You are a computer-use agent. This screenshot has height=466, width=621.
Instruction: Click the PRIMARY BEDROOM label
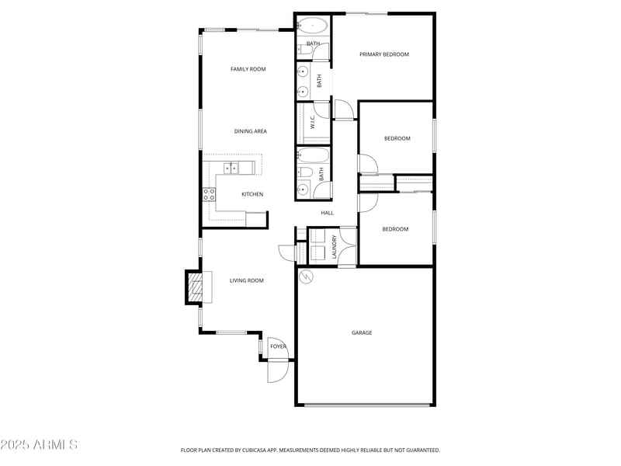[383, 54]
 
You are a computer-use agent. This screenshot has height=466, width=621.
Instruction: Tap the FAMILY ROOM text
[248, 69]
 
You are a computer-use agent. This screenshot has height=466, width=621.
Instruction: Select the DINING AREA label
[250, 131]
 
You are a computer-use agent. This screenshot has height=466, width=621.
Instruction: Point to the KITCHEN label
[252, 194]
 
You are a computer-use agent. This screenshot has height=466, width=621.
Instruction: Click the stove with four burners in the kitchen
[209, 194]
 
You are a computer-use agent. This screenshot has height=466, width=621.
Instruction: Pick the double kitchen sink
[231, 168]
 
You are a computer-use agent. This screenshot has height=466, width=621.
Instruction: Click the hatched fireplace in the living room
[197, 287]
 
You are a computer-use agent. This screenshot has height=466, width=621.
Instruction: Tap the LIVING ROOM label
[246, 280]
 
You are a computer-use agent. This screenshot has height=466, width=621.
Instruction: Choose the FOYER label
[278, 346]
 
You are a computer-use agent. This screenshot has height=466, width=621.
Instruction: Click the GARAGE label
[362, 332]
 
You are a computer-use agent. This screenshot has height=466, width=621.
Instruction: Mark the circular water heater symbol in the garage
[304, 276]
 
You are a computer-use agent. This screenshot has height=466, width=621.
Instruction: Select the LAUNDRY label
[335, 246]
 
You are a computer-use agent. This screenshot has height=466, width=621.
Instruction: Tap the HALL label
[327, 212]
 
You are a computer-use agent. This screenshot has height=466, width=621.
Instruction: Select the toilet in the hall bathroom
[305, 172]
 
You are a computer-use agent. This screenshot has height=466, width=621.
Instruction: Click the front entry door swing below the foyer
[277, 371]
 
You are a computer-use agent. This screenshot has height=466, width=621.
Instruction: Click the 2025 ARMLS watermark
[39, 445]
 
